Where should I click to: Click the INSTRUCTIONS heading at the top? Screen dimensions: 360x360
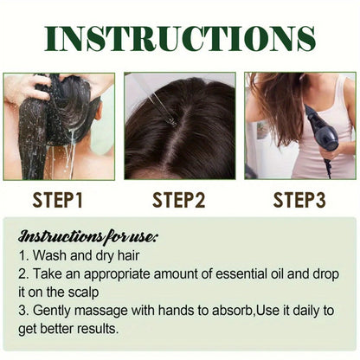[180, 39]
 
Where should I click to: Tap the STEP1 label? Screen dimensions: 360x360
[58, 200]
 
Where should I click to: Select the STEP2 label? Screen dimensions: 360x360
[179, 200]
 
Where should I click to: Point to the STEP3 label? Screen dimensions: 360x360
[299, 200]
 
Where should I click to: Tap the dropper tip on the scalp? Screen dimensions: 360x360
[173, 123]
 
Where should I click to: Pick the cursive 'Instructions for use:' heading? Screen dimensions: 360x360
[88, 236]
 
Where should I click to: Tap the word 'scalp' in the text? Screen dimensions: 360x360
[84, 293]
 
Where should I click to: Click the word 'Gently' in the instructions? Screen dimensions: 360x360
[54, 311]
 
